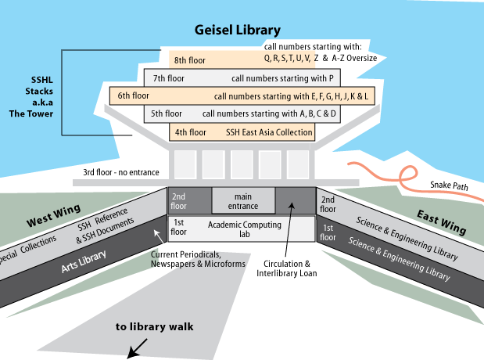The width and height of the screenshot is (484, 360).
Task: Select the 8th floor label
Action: pos(190,59)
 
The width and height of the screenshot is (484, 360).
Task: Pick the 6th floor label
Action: pos(133,96)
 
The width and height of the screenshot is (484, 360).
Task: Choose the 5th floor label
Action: pos(166,113)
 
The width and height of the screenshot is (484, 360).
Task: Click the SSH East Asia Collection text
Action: pos(268,132)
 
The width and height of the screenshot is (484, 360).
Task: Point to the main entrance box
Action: pos(243,201)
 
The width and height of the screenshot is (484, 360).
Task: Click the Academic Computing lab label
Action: pos(243,229)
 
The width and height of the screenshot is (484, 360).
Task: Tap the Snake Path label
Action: pos(447,186)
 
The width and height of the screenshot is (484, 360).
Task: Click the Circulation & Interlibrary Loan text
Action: pos(291,268)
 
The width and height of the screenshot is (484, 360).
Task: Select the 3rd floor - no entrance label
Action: pos(121,172)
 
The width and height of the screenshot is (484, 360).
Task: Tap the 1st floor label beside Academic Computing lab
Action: pos(179,228)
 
